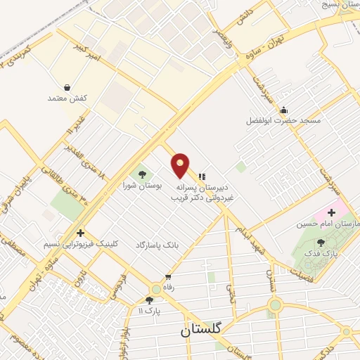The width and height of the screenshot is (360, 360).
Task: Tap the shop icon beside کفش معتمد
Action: coord(67,87)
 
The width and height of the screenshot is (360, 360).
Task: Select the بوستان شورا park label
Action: coord(143,186)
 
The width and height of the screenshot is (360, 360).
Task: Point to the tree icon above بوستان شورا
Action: coord(143,174)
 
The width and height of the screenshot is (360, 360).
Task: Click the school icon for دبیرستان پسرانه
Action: coord(202,176)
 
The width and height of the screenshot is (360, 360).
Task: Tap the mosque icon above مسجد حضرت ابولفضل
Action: coord(283,109)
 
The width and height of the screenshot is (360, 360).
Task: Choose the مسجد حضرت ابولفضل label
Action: coord(283,121)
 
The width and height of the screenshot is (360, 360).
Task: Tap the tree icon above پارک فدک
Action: coord(321,242)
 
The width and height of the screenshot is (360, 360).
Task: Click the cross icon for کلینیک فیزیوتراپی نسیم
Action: coord(80,233)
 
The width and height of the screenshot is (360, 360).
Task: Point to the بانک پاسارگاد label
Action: coord(157,243)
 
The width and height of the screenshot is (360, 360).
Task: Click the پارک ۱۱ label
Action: coord(149,310)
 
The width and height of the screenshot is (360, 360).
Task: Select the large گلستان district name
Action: coord(201,329)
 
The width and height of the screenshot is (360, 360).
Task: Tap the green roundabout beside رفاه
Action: coord(156,289)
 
